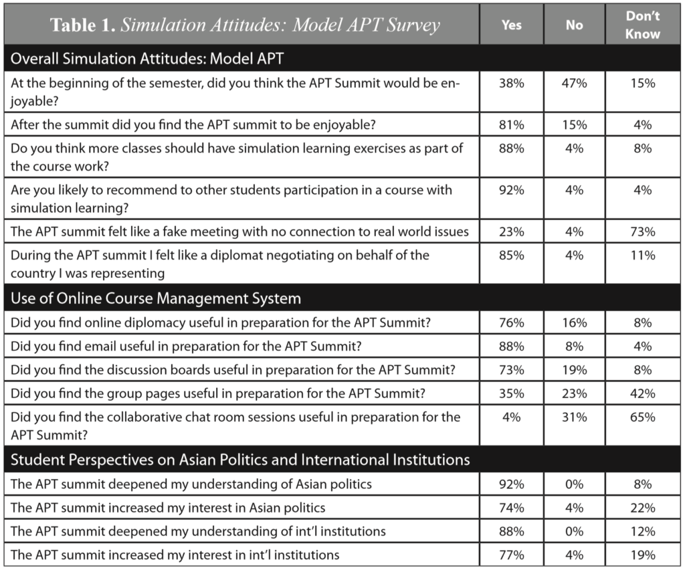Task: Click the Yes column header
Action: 512,25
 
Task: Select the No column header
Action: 574,25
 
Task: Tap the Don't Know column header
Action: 642,25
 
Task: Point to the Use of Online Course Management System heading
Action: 156,298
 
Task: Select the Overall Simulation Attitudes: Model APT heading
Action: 147,58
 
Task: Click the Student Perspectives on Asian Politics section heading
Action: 240,460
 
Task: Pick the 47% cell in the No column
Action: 574,84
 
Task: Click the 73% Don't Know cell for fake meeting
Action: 642,232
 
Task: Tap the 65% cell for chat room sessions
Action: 642,417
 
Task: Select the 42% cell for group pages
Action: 642,394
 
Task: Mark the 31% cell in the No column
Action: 574,417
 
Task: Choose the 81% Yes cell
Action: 512,124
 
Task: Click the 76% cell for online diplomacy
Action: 512,323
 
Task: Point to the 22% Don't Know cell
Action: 642,508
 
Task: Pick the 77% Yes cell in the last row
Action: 512,555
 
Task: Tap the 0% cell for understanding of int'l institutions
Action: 574,531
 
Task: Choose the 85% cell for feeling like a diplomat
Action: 512,255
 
